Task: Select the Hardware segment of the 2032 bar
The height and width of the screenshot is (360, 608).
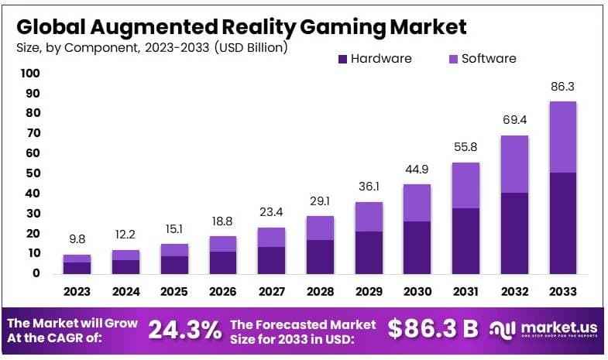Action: (x=514, y=232)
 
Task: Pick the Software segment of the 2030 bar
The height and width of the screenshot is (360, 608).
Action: (x=417, y=203)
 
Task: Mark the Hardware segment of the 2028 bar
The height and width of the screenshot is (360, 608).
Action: (x=320, y=256)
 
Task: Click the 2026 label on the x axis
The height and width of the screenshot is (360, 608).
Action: (x=222, y=292)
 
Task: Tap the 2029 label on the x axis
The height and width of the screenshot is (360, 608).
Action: (x=369, y=292)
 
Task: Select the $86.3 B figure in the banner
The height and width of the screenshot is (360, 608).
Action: (x=433, y=329)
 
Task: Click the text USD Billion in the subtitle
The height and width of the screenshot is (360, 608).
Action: (x=252, y=48)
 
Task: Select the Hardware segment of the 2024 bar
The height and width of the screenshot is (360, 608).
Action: (x=125, y=266)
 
